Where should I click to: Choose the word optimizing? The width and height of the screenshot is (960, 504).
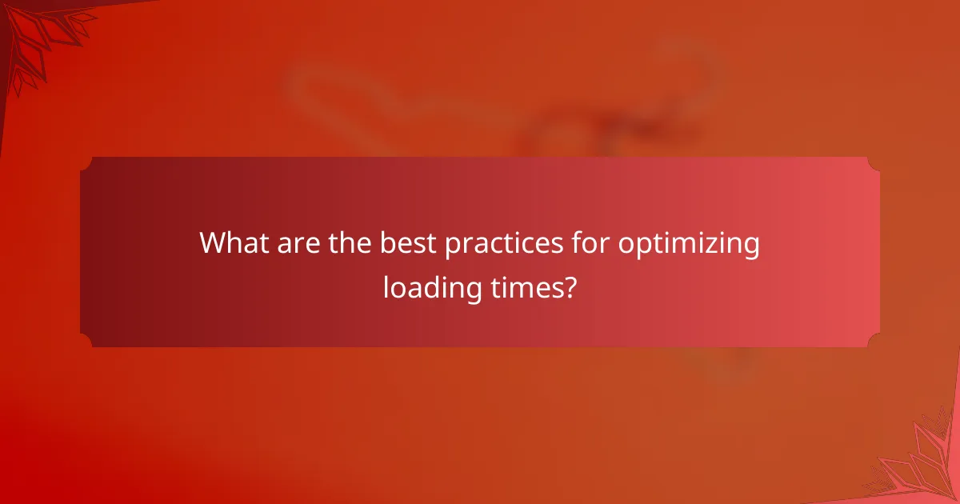689,244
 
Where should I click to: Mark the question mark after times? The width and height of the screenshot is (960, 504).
568,286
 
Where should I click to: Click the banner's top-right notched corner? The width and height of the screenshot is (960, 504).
874,163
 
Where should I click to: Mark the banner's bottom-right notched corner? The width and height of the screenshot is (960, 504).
874,341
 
